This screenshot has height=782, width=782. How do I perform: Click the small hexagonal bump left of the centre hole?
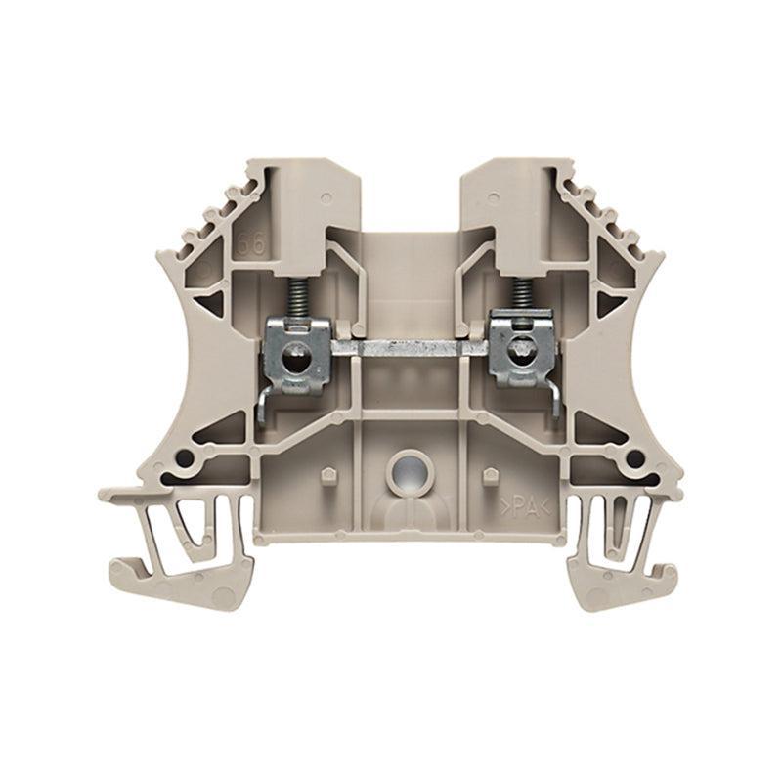click(x=324, y=476)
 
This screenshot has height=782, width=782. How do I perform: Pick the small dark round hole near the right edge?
click(x=639, y=456)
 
